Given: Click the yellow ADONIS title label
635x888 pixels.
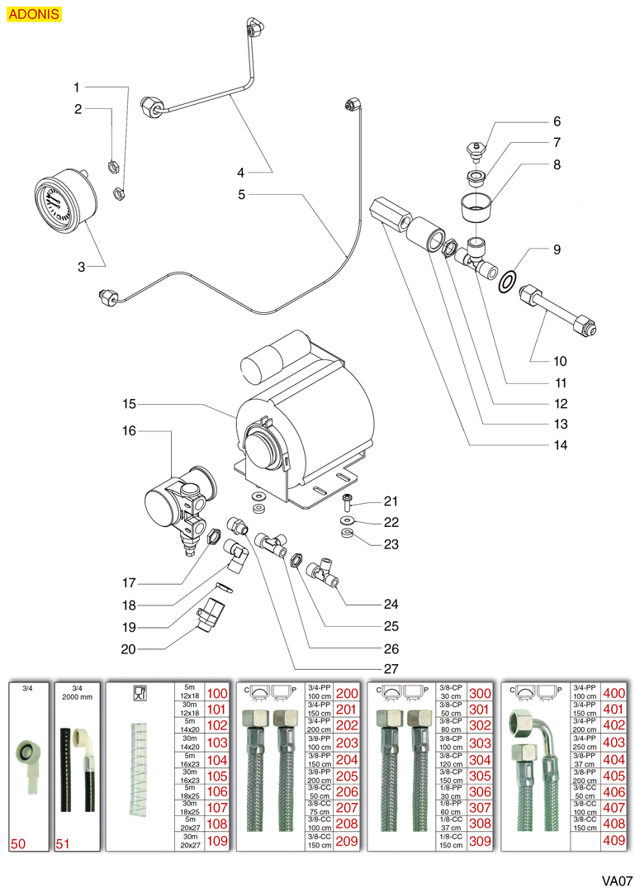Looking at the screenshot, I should pyautogui.click(x=34, y=14).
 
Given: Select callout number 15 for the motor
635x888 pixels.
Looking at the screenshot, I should pyautogui.click(x=129, y=405).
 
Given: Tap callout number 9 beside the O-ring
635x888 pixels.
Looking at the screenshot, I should pyautogui.click(x=557, y=249).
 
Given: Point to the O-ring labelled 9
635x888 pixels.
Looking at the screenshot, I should pyautogui.click(x=509, y=281).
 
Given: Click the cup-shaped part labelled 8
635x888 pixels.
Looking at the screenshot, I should pyautogui.click(x=476, y=202).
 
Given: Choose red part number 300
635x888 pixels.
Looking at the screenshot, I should pyautogui.click(x=480, y=693).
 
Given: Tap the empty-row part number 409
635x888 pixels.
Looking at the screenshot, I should pyautogui.click(x=614, y=840).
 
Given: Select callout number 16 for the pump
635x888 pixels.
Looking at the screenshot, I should pyautogui.click(x=129, y=431).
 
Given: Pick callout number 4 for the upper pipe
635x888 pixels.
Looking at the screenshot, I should pyautogui.click(x=240, y=173).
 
